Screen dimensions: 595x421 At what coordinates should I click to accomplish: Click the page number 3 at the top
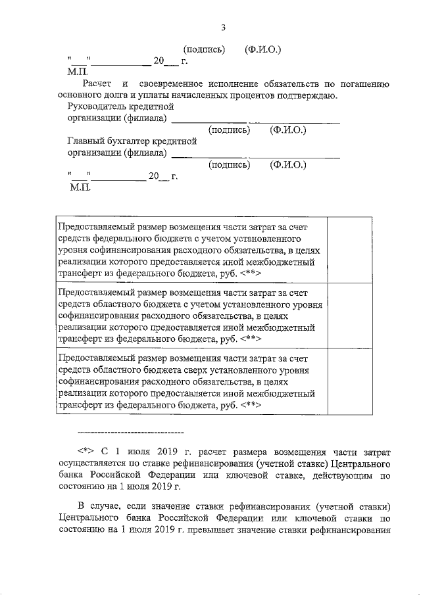pyautogui.click(x=223, y=27)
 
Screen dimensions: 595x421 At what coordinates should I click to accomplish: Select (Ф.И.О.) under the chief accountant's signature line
pyautogui.click(x=287, y=165)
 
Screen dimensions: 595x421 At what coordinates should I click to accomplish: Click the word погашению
pyautogui.click(x=366, y=84)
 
